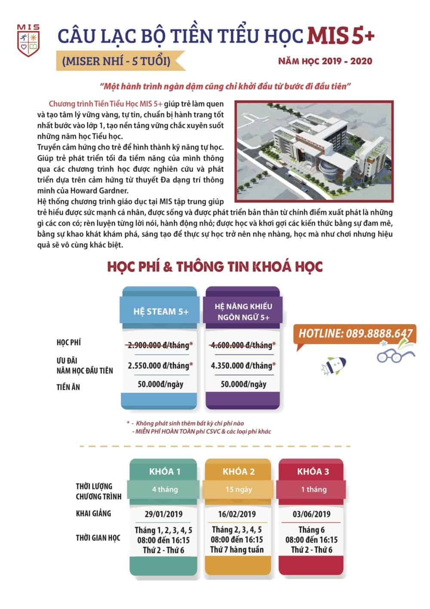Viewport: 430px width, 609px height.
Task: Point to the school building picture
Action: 314,151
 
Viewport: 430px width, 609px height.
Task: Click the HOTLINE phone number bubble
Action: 355,333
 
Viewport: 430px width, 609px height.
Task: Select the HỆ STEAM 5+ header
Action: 160,311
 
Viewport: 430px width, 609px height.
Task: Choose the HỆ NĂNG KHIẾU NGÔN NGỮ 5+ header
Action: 243,312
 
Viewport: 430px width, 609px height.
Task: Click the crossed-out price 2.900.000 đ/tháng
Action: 160,345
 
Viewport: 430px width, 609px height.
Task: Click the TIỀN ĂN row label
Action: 68,387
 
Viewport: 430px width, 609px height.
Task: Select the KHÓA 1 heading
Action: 165,471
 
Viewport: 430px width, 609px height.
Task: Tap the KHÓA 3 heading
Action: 313,471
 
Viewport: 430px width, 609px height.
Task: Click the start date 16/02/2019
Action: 237,514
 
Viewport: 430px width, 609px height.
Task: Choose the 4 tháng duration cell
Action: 165,489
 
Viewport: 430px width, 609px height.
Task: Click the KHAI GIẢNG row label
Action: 93,513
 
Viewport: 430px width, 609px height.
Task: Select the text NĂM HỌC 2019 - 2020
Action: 325,61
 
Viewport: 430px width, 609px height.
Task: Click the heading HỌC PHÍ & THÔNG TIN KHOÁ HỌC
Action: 215,267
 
